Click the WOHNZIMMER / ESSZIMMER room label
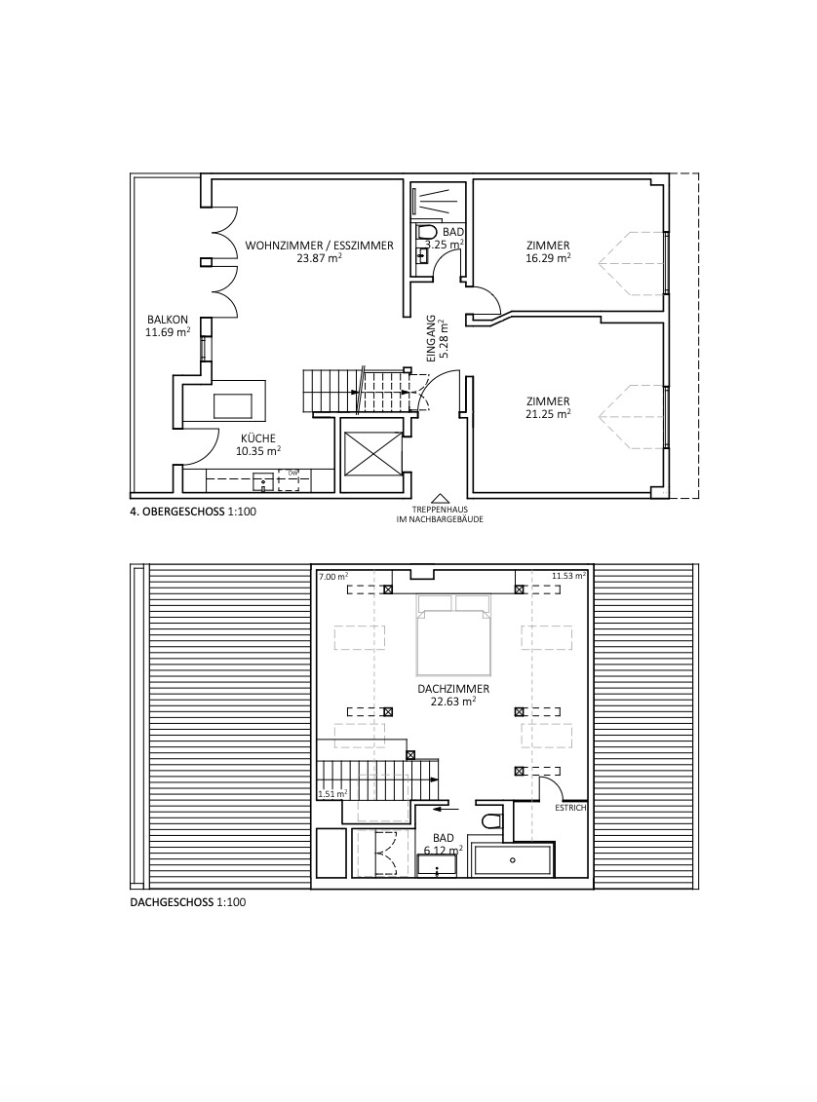(x=319, y=246)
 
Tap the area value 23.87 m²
(x=319, y=259)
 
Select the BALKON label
(x=163, y=320)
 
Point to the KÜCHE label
(x=258, y=437)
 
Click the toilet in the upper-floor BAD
(x=426, y=233)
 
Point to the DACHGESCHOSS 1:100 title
(x=187, y=902)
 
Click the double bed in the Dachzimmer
(x=452, y=635)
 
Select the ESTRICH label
(x=569, y=808)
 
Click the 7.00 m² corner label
(x=333, y=577)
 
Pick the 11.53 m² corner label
(x=568, y=577)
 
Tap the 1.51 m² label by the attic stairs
(x=332, y=795)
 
